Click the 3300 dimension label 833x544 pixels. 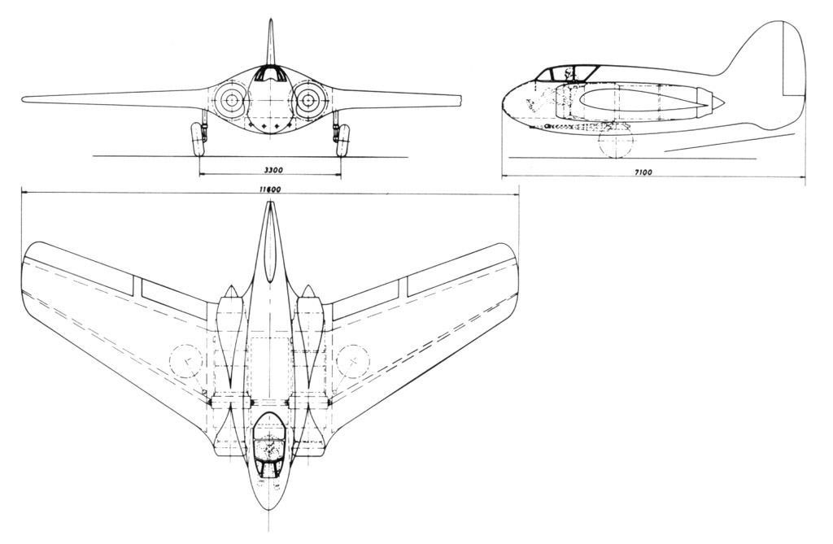[x=272, y=170]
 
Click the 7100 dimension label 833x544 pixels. [x=644, y=172]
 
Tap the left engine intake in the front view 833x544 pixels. [x=231, y=100]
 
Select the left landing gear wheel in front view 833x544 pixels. [x=198, y=139]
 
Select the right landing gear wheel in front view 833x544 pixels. [x=344, y=139]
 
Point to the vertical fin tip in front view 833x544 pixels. [x=272, y=21]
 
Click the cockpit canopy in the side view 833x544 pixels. [x=566, y=73]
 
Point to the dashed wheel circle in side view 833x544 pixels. [x=616, y=141]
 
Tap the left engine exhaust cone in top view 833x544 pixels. [x=231, y=292]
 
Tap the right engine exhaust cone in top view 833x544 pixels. [x=307, y=292]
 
